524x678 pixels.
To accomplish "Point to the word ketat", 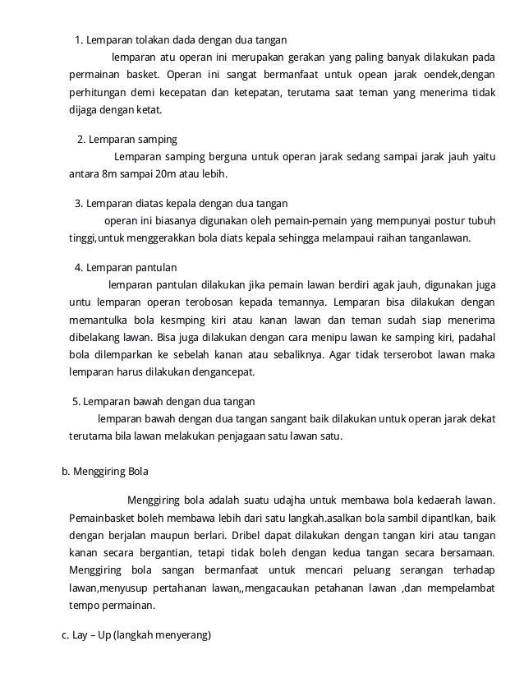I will click(x=149, y=110).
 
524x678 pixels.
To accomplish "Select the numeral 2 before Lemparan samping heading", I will click(x=80, y=139).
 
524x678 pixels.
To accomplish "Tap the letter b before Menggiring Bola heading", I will click(x=65, y=472).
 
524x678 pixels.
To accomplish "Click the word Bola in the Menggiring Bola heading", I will click(x=136, y=472).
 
